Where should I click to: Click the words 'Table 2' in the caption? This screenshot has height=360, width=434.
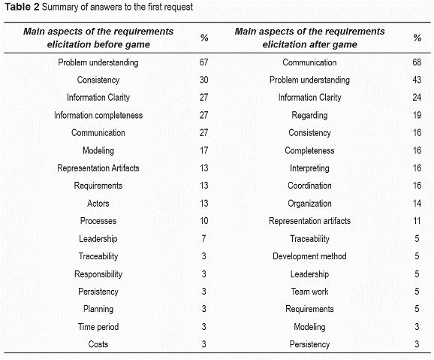pos(22,7)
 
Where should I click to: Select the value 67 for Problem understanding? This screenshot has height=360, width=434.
pos(203,62)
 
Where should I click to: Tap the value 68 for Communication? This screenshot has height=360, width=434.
pos(417,62)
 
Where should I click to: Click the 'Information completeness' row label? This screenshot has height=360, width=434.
pos(98,115)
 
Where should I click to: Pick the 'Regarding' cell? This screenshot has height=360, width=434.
pos(309,115)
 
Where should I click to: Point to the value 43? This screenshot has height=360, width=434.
pos(417,80)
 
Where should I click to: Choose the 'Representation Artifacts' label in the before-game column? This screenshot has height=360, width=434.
pos(98,168)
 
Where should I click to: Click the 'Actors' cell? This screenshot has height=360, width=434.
pos(98,204)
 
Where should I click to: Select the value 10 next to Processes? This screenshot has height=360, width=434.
pos(204,221)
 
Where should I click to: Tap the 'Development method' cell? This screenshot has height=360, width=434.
pos(309,256)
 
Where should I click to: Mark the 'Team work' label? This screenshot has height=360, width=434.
pos(309,292)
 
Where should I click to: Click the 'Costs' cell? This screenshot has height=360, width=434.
pos(98,344)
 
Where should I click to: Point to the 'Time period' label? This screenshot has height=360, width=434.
pos(98,327)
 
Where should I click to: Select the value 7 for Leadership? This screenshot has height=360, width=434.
pos(203,238)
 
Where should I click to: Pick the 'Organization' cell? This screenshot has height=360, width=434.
pos(309,204)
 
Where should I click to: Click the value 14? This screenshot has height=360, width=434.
pos(417,204)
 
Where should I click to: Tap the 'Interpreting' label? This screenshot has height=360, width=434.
pos(309,168)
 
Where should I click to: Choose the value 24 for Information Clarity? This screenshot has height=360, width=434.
pos(417,97)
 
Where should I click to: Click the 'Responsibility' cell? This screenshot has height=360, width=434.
pos(98,274)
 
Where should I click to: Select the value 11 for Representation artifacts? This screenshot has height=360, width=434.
pos(417,221)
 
